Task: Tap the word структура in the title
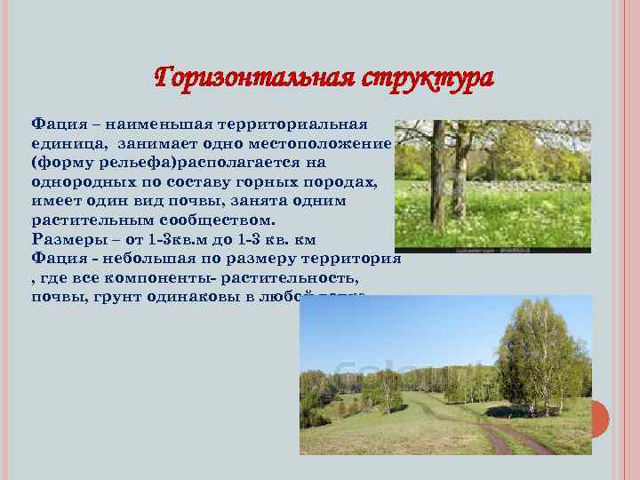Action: point(428,78)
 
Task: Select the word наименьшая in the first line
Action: point(156,124)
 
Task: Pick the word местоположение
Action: point(320,144)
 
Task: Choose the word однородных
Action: point(81,183)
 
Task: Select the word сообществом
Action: point(223,221)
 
